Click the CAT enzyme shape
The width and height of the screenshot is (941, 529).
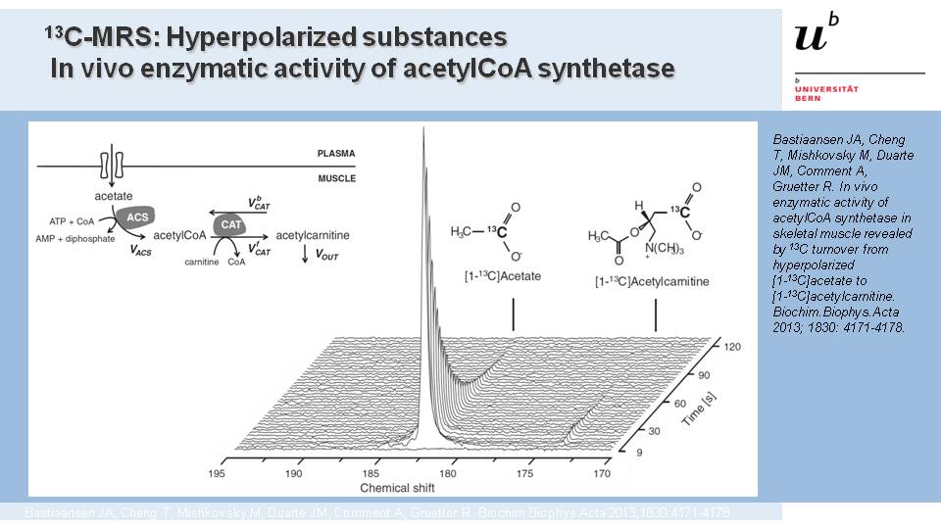231,224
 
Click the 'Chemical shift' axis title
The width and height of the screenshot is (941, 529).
399,487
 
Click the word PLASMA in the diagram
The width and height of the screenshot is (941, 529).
335,154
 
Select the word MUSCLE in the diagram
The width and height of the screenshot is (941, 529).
335,178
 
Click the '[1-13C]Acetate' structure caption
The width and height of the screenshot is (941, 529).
502,277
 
